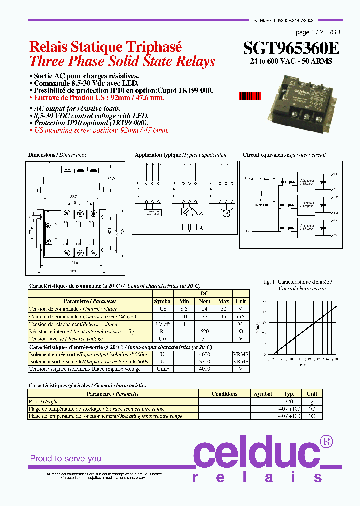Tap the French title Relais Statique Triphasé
(105, 47)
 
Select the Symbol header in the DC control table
(163, 301)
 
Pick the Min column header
(184, 301)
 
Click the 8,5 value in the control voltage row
(184, 309)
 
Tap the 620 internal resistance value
(204, 331)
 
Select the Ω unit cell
(241, 331)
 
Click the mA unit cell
(241, 316)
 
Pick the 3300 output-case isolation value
(204, 361)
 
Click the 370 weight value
(289, 401)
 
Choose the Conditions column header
(224, 394)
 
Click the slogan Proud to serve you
(66, 458)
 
